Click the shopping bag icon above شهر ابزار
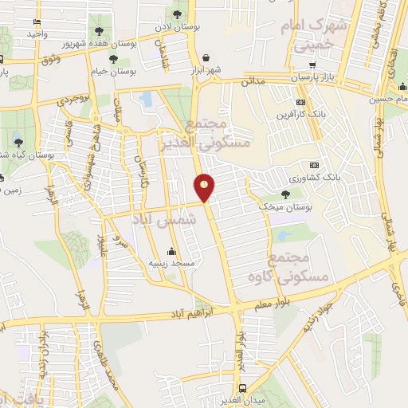207,57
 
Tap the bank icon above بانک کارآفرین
300,102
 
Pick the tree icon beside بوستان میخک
285,194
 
